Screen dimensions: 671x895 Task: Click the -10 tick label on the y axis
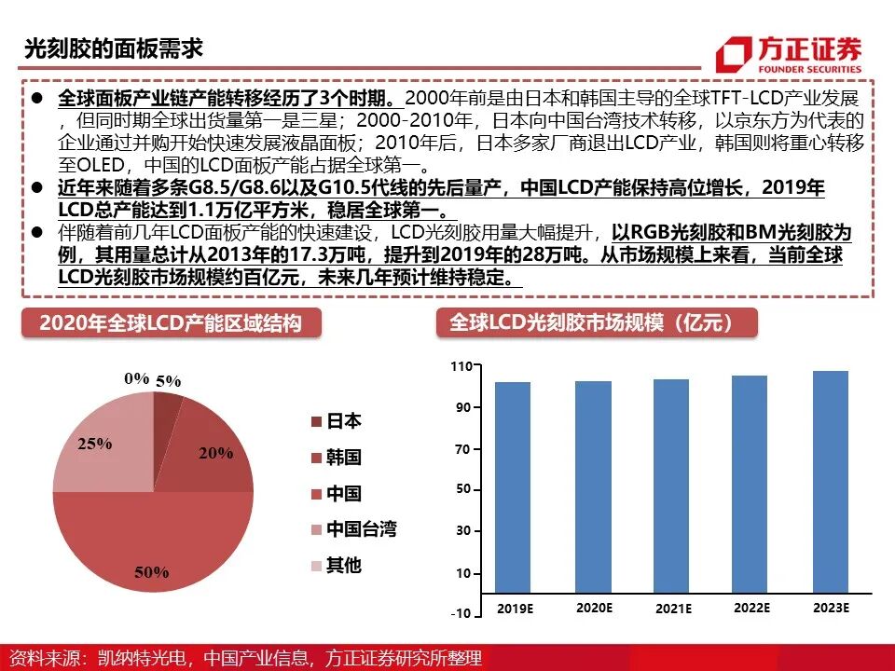[x=460, y=614]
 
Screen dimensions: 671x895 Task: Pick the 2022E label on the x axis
[x=751, y=608]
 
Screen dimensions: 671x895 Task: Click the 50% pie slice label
[x=151, y=571]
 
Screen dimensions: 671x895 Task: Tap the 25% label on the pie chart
[x=94, y=445]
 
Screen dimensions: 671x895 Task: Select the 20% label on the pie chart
[x=215, y=453]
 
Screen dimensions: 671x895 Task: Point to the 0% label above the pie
[x=136, y=377]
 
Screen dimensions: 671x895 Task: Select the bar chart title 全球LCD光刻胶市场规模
[x=597, y=322]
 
